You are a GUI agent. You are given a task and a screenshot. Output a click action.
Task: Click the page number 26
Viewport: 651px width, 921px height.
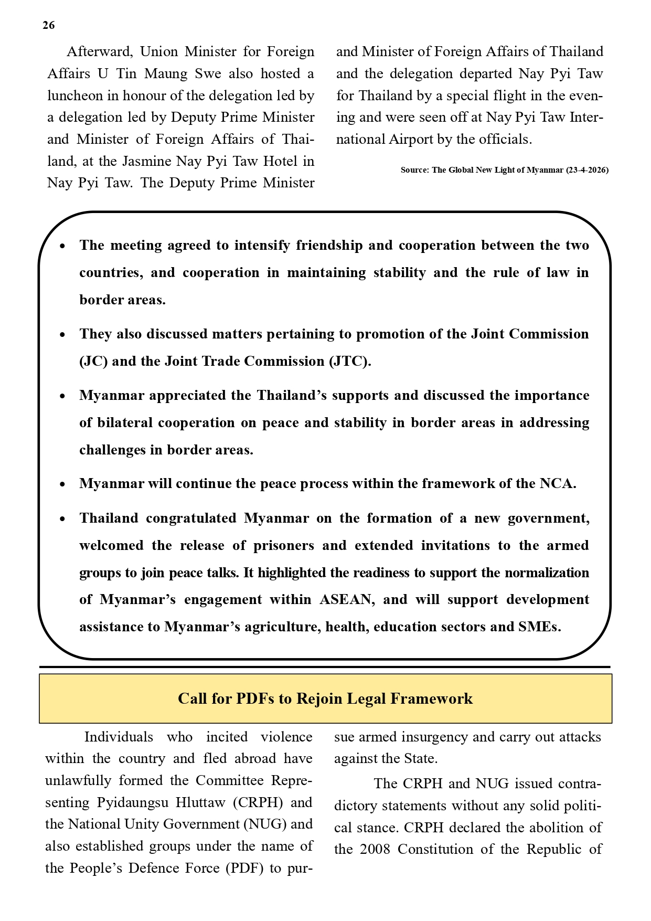tap(48, 25)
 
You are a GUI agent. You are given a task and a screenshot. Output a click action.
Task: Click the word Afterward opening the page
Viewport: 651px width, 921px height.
tap(98, 51)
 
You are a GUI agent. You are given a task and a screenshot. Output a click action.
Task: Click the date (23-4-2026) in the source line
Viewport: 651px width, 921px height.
tap(587, 170)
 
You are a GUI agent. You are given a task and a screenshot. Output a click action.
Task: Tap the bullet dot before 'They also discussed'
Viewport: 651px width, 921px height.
tap(62, 334)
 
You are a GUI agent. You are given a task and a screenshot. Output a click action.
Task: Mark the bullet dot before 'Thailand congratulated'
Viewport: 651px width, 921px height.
tap(62, 518)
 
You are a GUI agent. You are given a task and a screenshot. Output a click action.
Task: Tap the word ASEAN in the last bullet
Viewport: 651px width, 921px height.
tap(347, 599)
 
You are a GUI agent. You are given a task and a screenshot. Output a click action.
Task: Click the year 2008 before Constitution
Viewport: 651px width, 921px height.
tap(375, 849)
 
